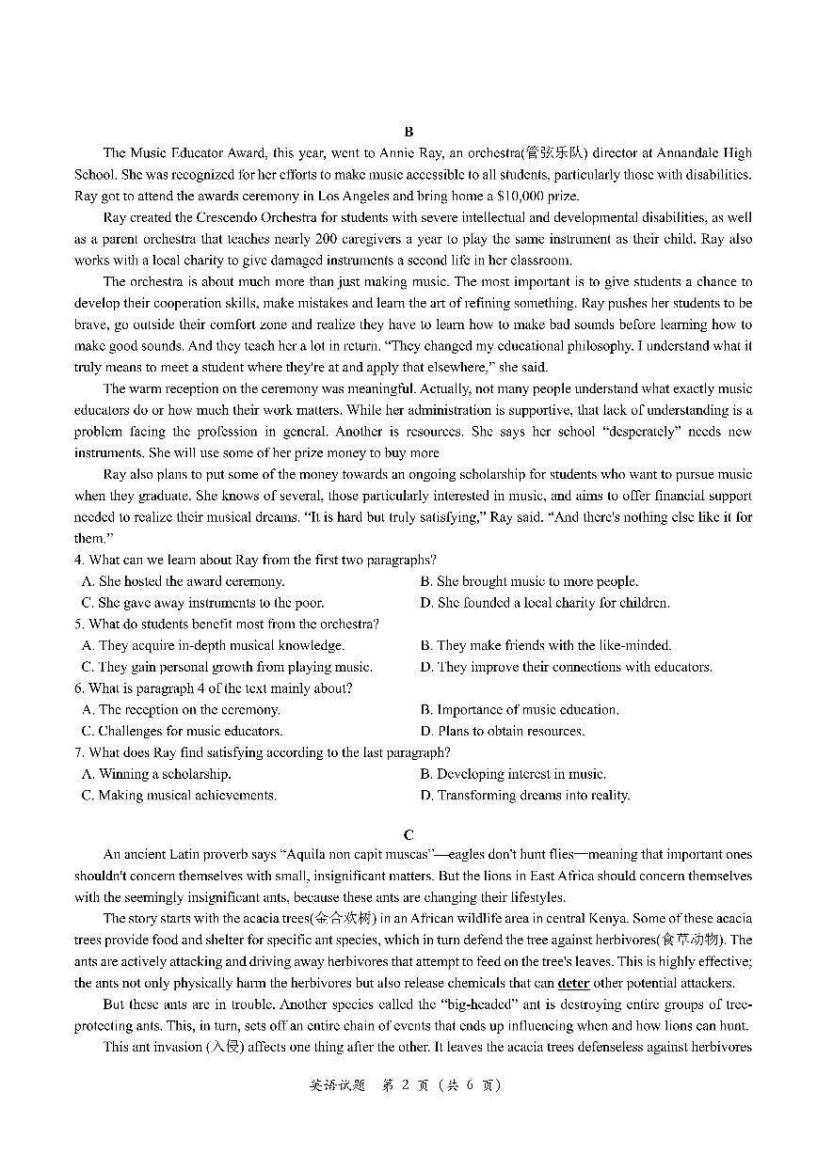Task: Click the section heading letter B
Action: [x=408, y=132]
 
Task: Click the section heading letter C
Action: [x=408, y=834]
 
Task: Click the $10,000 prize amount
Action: [x=529, y=196]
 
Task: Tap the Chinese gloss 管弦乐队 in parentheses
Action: [x=555, y=152]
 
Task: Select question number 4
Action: [x=79, y=560]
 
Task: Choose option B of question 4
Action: [x=528, y=581]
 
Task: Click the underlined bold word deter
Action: [x=572, y=983]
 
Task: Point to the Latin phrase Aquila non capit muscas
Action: [x=355, y=854]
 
